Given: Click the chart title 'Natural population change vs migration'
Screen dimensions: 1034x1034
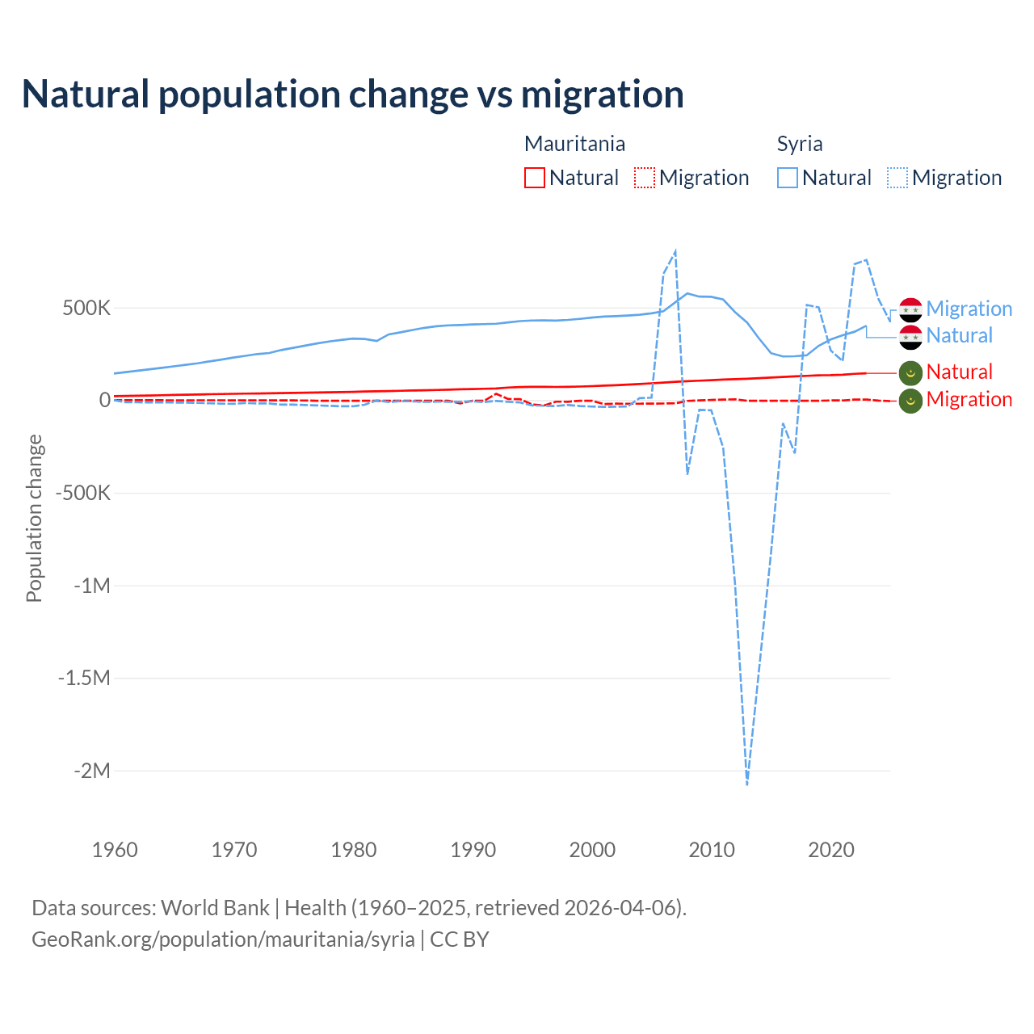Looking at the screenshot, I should pos(353,95).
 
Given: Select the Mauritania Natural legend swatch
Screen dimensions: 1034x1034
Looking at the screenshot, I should pos(535,178).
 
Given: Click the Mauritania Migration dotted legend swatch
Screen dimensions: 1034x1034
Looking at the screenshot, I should pos(645,178).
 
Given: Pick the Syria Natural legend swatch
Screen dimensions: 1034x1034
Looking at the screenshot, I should pos(788,178).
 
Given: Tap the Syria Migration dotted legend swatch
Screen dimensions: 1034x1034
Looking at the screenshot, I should pos(897,178).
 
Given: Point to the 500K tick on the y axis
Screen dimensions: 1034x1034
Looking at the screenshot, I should pos(86,309).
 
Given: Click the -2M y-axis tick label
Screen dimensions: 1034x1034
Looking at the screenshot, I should pos(91,771).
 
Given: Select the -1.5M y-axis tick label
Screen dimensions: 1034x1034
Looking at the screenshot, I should pos(84,678).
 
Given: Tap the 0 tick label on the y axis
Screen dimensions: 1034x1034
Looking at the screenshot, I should pos(105,401).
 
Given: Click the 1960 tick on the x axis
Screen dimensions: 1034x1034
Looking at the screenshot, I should pos(115,850).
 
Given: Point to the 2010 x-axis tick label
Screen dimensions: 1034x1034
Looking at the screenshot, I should pos(712,850).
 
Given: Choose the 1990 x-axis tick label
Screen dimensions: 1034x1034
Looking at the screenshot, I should pos(473,850).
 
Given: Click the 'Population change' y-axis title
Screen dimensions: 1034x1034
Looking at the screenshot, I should pos(34,518).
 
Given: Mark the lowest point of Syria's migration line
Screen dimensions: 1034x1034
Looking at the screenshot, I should pos(747,784).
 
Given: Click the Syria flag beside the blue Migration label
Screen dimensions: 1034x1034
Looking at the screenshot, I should pos(910,309).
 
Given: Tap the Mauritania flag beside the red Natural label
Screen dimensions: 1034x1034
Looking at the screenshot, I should pos(910,372).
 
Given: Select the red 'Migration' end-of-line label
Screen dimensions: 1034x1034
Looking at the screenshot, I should pos(969,399).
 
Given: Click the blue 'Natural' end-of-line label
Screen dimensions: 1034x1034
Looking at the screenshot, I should pos(959,336).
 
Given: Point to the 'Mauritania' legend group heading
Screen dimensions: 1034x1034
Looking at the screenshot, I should pos(574,144).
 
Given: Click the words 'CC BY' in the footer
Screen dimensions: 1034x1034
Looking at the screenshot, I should pos(459,939).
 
